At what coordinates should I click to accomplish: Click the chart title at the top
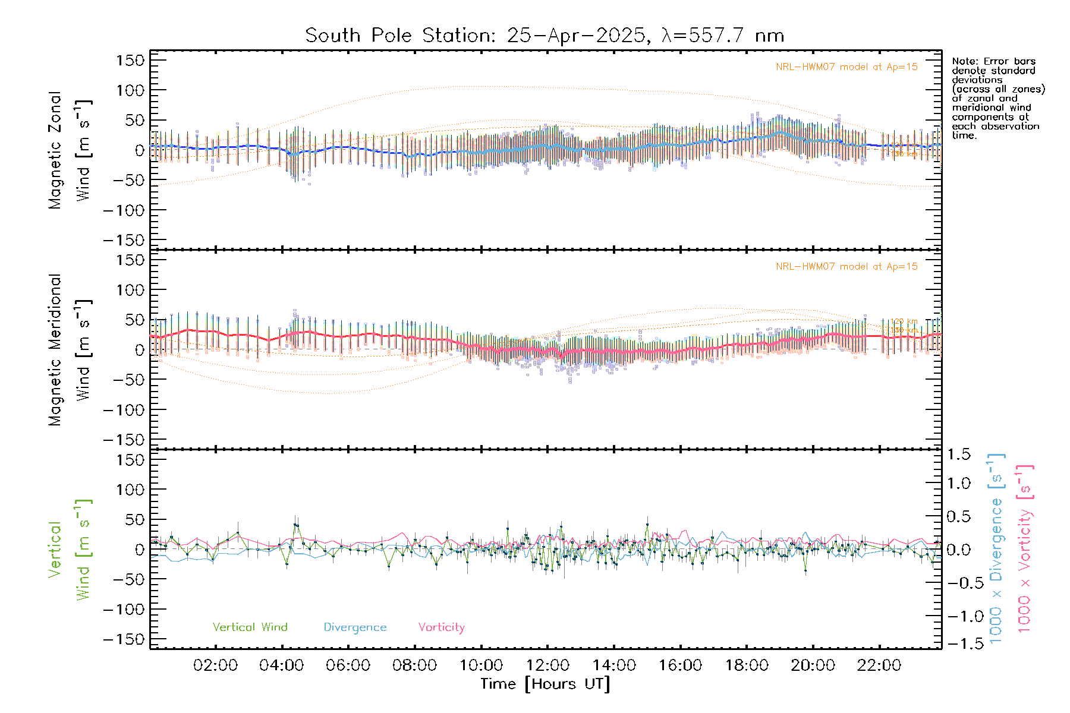point(545,36)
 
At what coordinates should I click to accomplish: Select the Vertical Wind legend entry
point(250,627)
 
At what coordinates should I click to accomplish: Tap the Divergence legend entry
point(355,627)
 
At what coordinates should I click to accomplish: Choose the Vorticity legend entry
point(441,627)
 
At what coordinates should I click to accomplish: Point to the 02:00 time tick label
point(215,665)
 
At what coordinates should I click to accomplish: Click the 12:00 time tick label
point(547,665)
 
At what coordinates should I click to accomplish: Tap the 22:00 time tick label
point(879,665)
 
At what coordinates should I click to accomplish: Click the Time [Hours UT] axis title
point(545,684)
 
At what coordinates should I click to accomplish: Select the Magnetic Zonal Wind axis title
point(70,150)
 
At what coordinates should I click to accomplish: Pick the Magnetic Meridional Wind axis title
point(70,350)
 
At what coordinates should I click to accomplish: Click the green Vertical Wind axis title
point(70,550)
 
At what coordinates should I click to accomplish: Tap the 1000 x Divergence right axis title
point(996,548)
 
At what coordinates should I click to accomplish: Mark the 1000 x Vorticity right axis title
point(1024,548)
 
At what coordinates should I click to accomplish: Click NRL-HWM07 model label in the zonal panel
point(846,67)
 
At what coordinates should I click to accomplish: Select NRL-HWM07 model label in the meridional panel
point(846,267)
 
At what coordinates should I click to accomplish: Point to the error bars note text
point(997,98)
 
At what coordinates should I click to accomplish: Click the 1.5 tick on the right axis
point(958,455)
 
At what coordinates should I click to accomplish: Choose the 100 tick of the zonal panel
point(131,90)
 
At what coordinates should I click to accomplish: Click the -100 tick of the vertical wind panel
point(124,610)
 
